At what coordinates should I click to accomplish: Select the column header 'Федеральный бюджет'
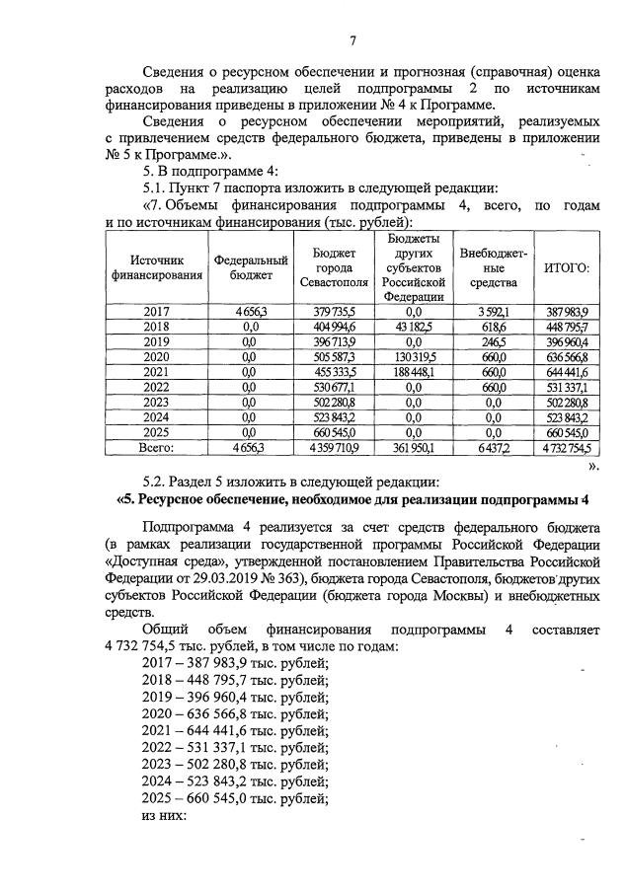click(251, 267)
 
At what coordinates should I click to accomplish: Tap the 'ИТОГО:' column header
click(567, 267)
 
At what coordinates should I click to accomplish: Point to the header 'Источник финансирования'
click(156, 267)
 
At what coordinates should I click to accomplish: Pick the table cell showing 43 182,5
click(414, 327)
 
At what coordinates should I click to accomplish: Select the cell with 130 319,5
click(414, 356)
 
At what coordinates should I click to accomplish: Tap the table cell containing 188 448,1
click(414, 371)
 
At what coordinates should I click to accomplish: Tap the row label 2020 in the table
click(156, 356)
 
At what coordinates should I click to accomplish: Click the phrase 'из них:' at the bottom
click(164, 816)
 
